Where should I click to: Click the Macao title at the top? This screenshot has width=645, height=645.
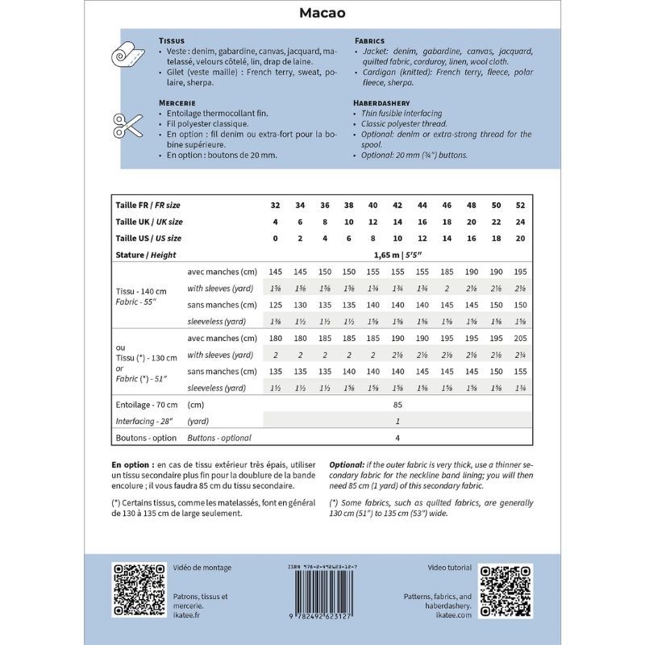point(322,13)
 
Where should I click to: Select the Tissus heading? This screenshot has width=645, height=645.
point(172,40)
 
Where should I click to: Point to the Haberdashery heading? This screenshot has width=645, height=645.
point(381,103)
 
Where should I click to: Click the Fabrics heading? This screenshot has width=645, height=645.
point(369,40)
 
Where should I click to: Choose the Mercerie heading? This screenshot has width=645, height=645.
point(178,103)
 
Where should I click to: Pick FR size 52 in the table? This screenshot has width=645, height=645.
point(520,206)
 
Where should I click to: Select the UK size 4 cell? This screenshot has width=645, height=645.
point(277,222)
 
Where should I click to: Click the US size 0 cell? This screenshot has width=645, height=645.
point(277,238)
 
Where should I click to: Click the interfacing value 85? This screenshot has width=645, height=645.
point(397,405)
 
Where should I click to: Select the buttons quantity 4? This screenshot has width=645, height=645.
point(397,438)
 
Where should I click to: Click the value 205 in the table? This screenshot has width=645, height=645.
point(520,338)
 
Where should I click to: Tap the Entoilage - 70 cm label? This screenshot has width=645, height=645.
point(146,405)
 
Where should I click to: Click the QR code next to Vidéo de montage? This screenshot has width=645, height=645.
point(138,590)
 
